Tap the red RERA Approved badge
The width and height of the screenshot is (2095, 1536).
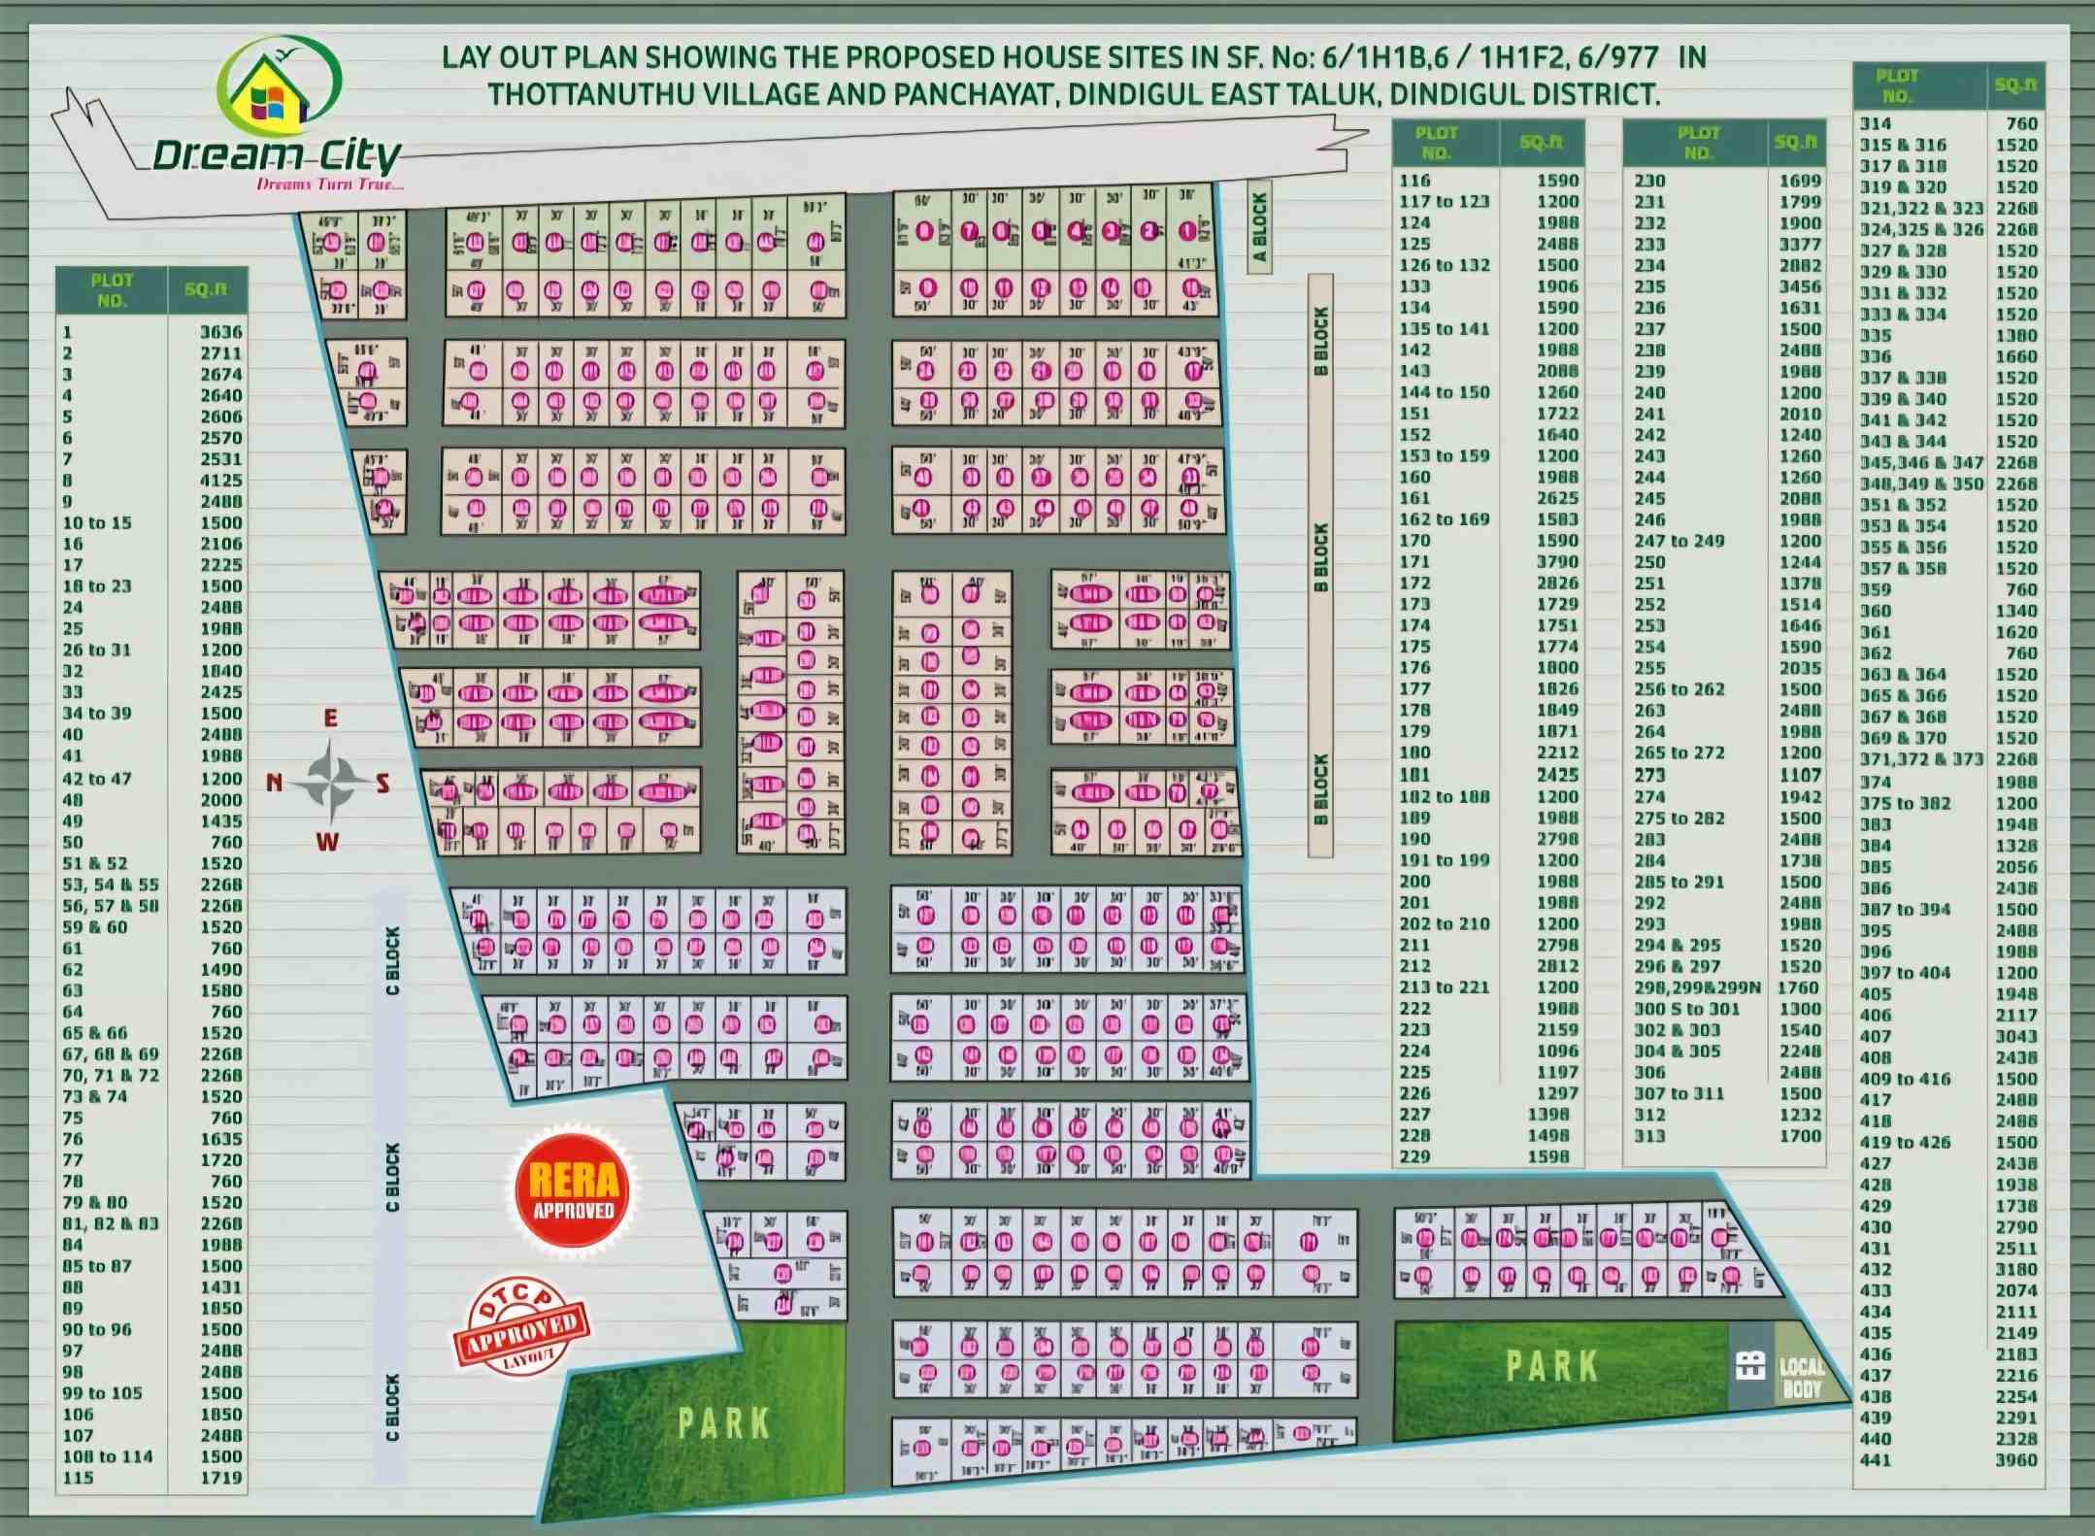tap(573, 1190)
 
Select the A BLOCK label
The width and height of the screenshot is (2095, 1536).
tap(1260, 227)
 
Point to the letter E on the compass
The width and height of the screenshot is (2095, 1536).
tap(331, 718)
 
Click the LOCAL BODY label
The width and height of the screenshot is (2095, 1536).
tap(1802, 1378)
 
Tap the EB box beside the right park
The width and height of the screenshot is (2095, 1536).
tap(1749, 1365)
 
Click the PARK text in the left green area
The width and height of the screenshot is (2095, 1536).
tap(723, 1424)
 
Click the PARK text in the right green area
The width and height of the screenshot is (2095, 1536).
tap(1551, 1365)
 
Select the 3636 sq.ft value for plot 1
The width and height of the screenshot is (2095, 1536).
tap(220, 332)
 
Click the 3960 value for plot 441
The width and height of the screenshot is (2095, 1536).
tap(2015, 1459)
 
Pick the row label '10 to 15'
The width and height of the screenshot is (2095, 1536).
tap(97, 522)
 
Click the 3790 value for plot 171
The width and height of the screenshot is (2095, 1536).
tap(1557, 561)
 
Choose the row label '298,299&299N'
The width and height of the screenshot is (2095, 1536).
tap(1697, 987)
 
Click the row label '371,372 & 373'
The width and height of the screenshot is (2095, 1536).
tap(1920, 759)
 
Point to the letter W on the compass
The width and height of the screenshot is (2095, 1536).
tap(328, 842)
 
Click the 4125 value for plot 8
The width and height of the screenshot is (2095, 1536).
tap(220, 481)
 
